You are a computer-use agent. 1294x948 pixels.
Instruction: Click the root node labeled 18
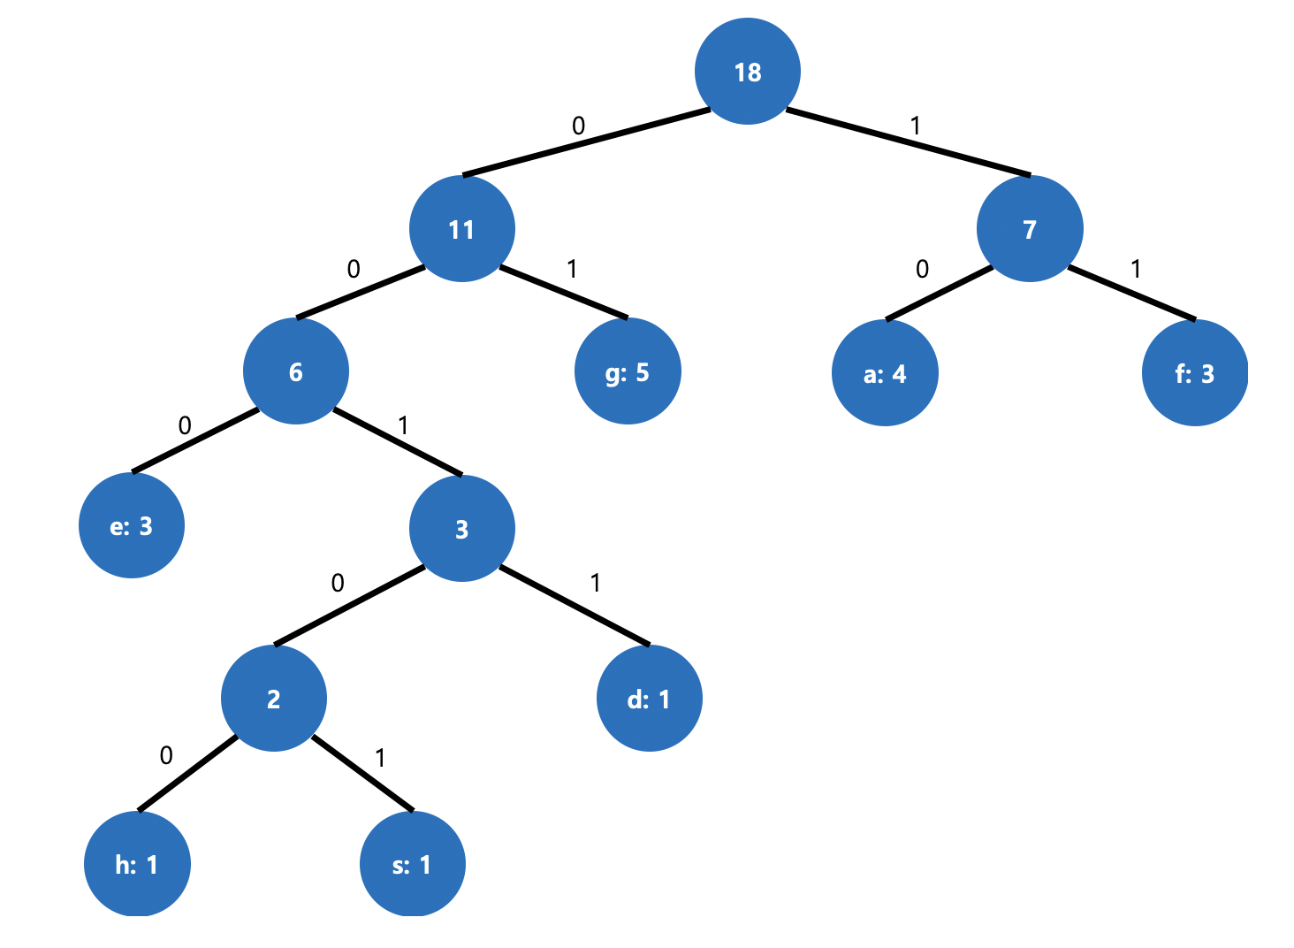coord(748,72)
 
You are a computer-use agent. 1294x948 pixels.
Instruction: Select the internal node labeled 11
coord(461,229)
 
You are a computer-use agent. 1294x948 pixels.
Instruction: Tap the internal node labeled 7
coord(1030,229)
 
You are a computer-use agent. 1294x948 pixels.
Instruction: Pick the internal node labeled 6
coord(296,371)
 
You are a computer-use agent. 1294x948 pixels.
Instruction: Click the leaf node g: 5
coord(628,371)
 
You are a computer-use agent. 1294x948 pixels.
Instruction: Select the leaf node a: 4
coord(885,373)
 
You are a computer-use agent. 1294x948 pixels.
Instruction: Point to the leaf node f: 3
coord(1195,373)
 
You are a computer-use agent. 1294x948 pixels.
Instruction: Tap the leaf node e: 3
coord(132,526)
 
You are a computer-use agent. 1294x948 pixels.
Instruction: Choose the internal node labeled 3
coord(461,529)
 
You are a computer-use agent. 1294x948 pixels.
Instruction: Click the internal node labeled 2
coord(274,699)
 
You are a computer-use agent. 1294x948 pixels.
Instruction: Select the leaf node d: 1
coord(650,699)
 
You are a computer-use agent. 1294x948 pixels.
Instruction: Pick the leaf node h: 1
coord(137,864)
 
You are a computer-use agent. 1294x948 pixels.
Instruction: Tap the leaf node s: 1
coord(412,864)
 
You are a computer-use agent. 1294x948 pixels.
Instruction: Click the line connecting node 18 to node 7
coord(908,142)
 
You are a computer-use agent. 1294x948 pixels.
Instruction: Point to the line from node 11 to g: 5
coord(564,292)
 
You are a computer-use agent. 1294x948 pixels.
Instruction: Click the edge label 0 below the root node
coord(578,126)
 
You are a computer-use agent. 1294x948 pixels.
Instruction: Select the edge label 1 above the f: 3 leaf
coord(1136,268)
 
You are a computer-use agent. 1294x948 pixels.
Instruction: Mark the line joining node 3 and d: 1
coord(575,606)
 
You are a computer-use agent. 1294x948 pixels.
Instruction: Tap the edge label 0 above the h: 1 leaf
coord(166,755)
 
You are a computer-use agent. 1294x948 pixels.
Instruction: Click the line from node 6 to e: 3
coord(195,441)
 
